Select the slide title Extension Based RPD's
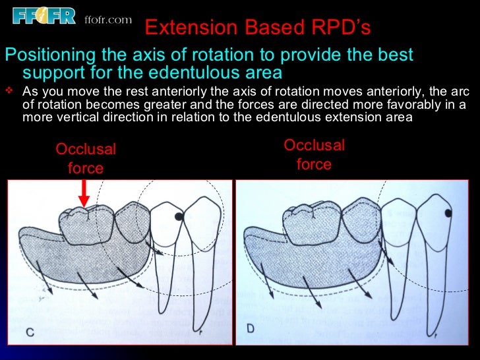tap(257, 28)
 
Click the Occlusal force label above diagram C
tap(86, 158)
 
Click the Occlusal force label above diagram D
tap(314, 154)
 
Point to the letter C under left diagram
tap(30, 332)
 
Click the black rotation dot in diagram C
tap(178, 216)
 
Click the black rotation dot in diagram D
tap(448, 213)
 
